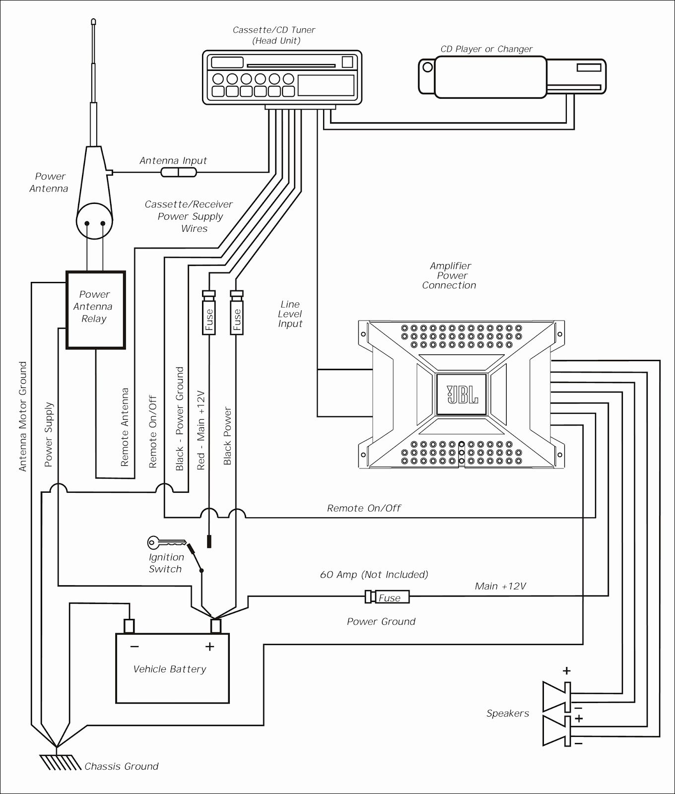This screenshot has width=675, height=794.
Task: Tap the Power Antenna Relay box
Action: click(95, 310)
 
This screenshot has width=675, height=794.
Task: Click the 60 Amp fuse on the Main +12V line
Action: click(388, 597)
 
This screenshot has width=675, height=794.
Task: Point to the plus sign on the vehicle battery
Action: click(210, 646)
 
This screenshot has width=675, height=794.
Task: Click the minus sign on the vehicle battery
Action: click(135, 647)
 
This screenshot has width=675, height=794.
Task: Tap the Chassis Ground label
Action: click(122, 767)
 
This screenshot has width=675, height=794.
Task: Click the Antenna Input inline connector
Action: click(179, 172)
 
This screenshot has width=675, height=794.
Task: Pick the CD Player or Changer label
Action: click(486, 49)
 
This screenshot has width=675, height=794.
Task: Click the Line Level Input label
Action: click(290, 314)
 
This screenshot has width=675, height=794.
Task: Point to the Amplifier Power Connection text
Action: click(450, 276)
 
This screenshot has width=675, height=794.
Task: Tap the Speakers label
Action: click(508, 714)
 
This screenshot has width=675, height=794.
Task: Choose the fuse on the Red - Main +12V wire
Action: click(208, 312)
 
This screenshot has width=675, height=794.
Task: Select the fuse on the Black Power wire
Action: click(237, 312)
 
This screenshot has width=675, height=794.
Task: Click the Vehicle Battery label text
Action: click(170, 669)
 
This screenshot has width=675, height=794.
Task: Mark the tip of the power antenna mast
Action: click(93, 21)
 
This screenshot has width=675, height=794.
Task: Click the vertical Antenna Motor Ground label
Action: click(23, 417)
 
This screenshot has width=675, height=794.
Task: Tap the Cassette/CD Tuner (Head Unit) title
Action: click(274, 35)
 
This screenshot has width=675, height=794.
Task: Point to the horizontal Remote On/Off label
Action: click(364, 508)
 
